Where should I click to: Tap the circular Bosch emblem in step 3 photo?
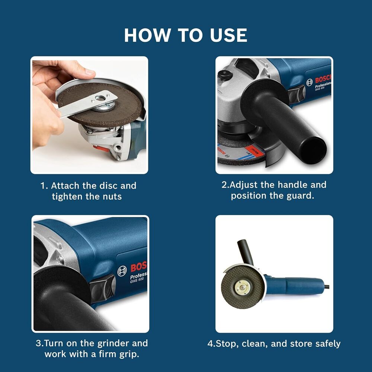pos(122,271)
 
